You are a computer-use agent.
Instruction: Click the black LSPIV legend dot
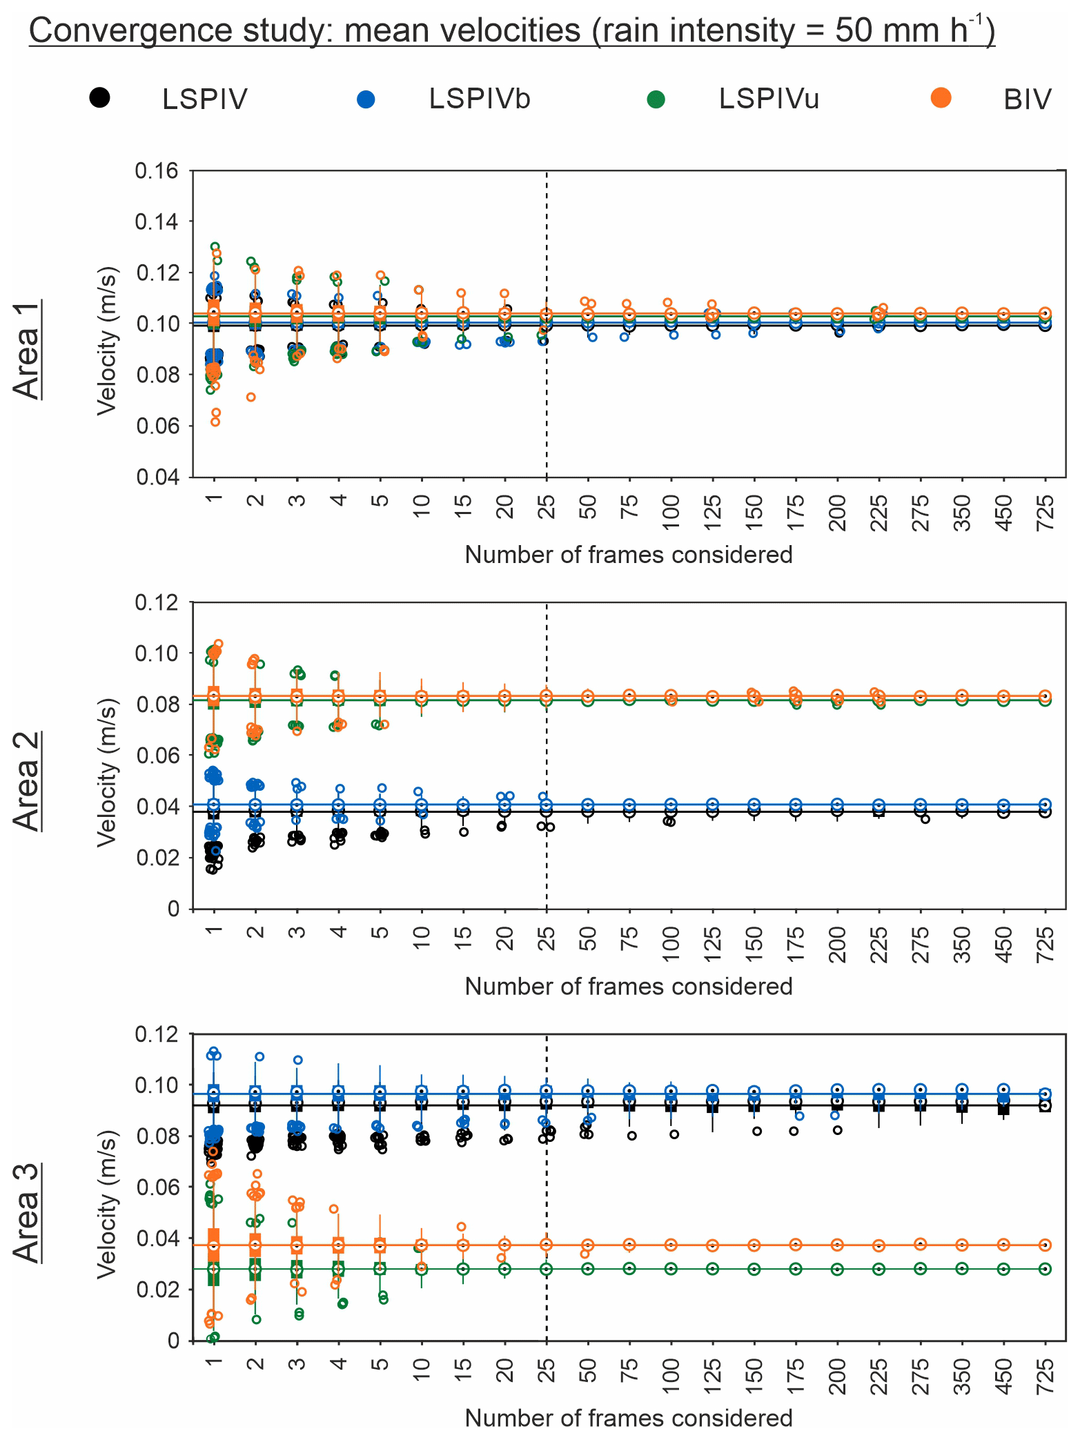[99, 98]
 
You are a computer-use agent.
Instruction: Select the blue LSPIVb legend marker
[366, 99]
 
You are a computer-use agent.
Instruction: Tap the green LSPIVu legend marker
[656, 99]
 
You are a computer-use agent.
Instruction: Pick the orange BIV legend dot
[940, 98]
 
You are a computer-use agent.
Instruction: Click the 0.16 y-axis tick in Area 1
[156, 170]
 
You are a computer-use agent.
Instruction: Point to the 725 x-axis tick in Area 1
[1046, 513]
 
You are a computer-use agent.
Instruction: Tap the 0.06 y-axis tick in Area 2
[156, 756]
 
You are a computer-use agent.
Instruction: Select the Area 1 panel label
[28, 349]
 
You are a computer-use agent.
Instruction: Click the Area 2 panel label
[28, 781]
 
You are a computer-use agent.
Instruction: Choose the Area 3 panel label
[28, 1213]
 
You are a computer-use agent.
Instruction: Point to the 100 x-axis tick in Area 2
[671, 945]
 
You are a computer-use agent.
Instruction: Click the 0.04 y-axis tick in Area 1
[156, 477]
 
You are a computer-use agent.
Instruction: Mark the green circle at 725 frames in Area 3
[1045, 1269]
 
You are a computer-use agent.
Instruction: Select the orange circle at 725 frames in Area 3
[1045, 1245]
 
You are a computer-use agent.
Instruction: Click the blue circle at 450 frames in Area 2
[1004, 805]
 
